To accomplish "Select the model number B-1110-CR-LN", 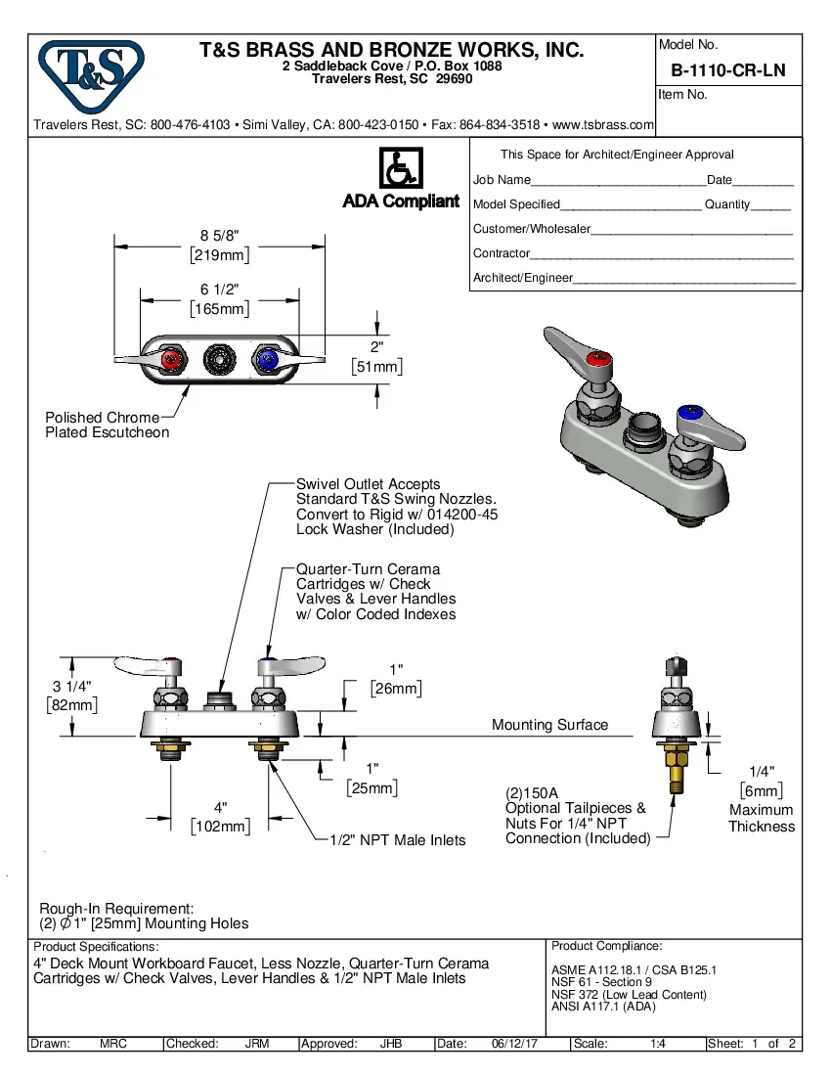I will point(727,70).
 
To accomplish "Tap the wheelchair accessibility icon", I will point(400,169).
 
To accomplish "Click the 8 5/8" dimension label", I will point(219,236).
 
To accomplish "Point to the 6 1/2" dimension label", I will point(219,290).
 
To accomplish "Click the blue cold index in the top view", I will point(266,360).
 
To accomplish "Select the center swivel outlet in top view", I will point(219,360).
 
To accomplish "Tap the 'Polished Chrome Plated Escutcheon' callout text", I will point(107,425).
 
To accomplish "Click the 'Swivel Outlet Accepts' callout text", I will point(369,484).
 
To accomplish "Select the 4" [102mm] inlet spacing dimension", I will point(220,816).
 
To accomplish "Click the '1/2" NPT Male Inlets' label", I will point(397,840).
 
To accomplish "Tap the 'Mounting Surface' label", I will point(549,725).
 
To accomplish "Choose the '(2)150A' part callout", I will point(531,793).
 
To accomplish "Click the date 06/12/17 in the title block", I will point(517,1044).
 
